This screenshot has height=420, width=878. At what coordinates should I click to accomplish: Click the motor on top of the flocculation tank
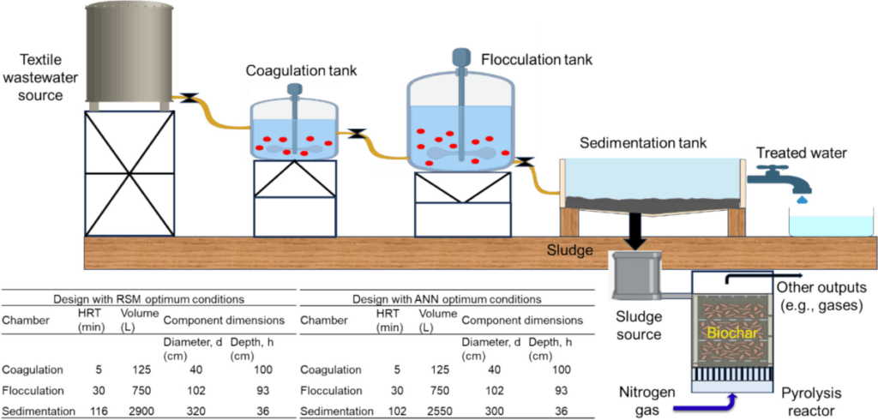pos(460,57)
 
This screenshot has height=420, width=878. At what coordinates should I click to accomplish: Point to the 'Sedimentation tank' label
pos(643,143)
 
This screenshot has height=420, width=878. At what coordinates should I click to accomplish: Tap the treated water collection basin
pos(830,225)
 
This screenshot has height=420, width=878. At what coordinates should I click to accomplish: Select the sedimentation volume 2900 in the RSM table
pos(135,411)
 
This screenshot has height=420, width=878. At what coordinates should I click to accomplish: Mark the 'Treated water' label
pos(801,153)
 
